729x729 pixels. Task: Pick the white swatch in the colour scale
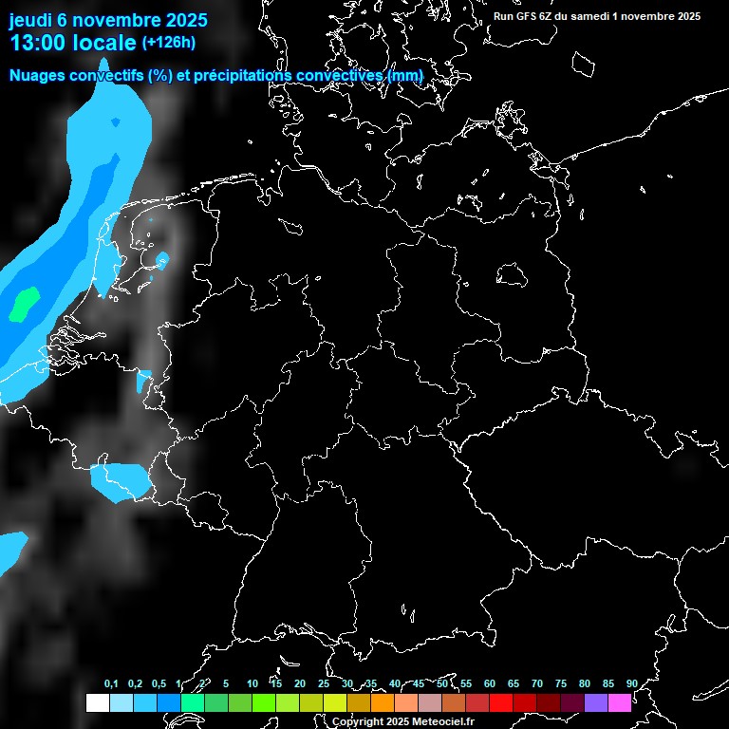(97, 702)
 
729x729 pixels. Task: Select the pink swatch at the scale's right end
(619, 702)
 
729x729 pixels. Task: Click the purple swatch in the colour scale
(595, 702)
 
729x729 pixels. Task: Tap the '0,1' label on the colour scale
(111, 683)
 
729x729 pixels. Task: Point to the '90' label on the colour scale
(631, 683)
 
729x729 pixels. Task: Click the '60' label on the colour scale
(489, 683)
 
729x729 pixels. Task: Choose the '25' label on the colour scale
(323, 683)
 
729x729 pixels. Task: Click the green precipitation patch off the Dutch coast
(23, 303)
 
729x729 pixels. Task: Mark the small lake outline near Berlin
(512, 275)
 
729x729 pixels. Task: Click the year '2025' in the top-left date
(179, 19)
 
